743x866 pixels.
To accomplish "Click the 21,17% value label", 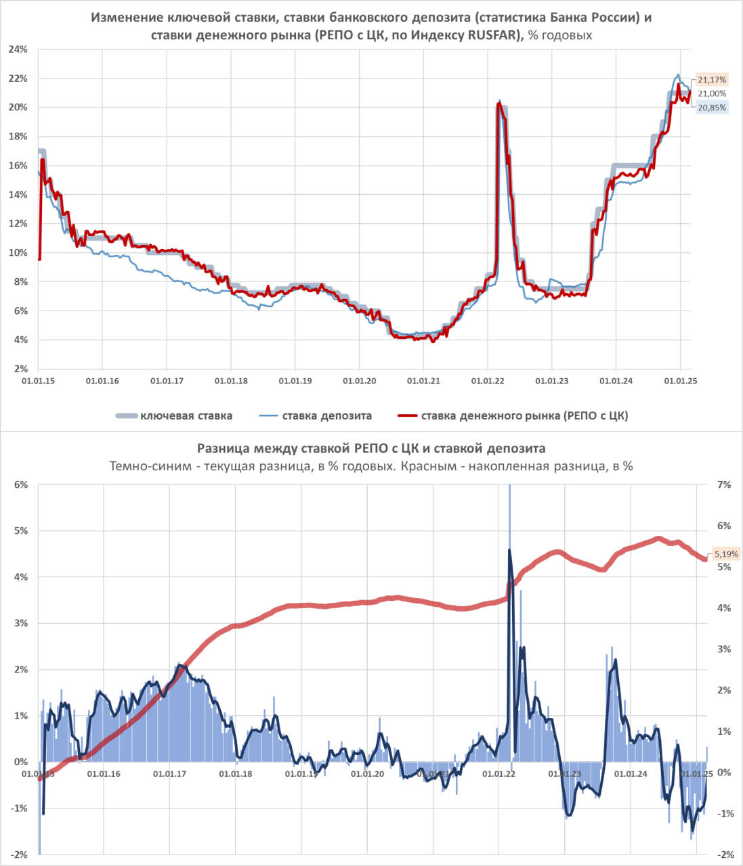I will coord(712,80).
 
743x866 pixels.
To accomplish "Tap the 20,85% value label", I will coord(712,108).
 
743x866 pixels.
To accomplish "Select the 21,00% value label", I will coord(712,93).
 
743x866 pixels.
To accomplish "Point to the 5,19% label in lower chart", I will coord(726,553).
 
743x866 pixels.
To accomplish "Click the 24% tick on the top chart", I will coord(18,49).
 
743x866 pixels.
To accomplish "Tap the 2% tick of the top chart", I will coord(21,369).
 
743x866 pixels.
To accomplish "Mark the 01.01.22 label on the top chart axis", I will coord(488,381).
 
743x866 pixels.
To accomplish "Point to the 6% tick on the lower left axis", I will coord(21,484).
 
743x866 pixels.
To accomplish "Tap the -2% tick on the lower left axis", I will coord(20,854).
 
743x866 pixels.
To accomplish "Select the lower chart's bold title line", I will coord(371,448).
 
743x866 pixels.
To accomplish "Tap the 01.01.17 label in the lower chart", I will coord(169,773).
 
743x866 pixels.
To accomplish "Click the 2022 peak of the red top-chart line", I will coord(499,104).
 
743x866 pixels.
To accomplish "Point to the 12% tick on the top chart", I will coord(18,223).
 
